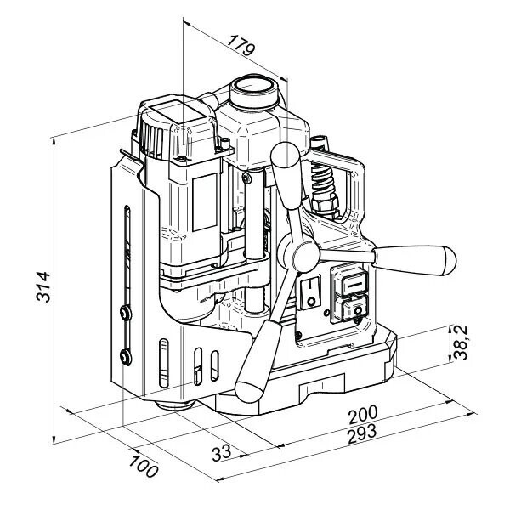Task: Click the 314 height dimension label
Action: pos(43,287)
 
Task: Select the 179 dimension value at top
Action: pos(241,45)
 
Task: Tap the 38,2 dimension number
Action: pos(461,343)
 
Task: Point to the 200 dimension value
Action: pos(363,415)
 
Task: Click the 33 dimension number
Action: pos(222,452)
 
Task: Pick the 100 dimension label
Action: pos(144,467)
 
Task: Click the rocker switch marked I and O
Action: pos(310,292)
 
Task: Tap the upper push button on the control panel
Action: pos(351,283)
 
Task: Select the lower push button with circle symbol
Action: pos(352,310)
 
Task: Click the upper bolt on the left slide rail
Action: pos(125,313)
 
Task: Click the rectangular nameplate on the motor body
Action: pos(205,202)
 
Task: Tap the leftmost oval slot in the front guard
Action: pos(164,363)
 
